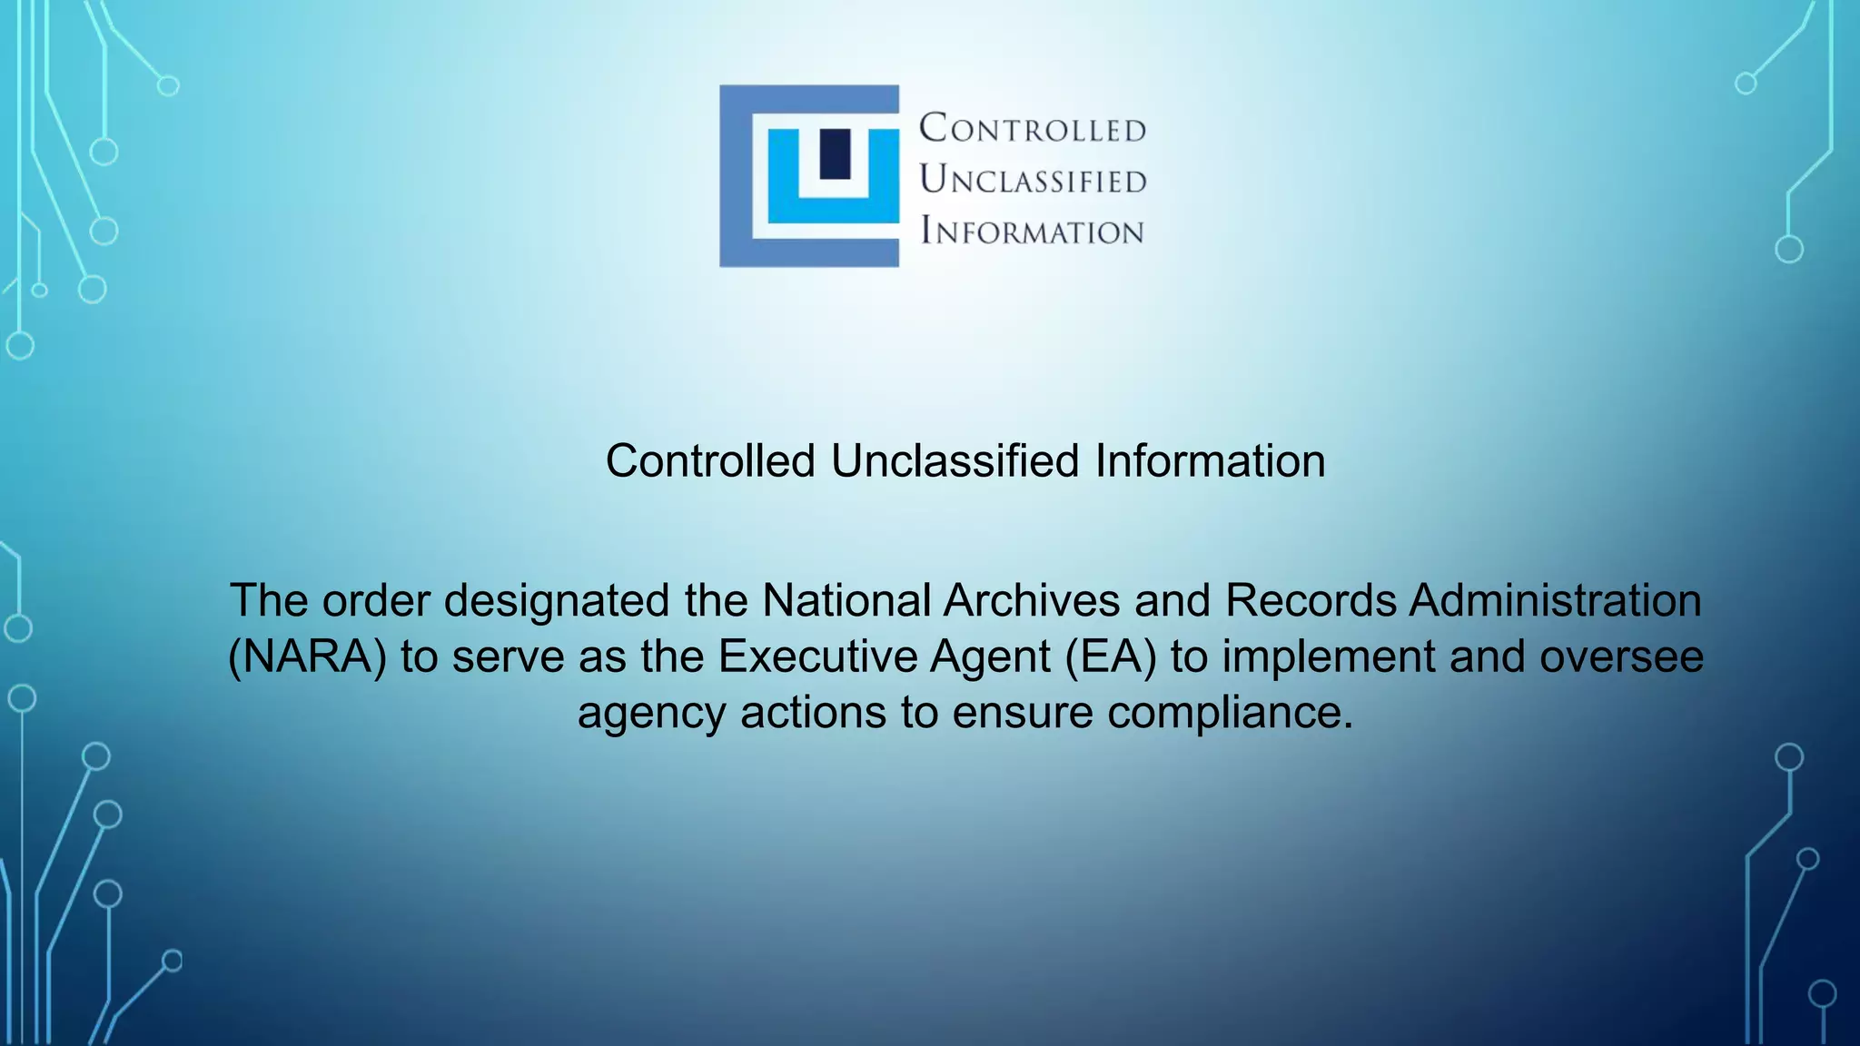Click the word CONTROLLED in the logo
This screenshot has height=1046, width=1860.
point(1033,128)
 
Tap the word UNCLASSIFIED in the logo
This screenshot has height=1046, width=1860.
point(1033,180)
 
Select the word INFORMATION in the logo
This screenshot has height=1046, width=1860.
point(1032,232)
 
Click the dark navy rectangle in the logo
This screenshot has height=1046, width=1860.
point(835,153)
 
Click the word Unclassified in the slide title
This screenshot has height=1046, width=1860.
point(955,461)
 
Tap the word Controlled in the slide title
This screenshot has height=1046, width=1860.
point(710,461)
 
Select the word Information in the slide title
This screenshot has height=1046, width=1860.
point(1210,461)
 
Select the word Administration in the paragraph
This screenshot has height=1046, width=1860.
point(1555,601)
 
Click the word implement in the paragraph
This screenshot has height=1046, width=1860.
point(1329,656)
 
